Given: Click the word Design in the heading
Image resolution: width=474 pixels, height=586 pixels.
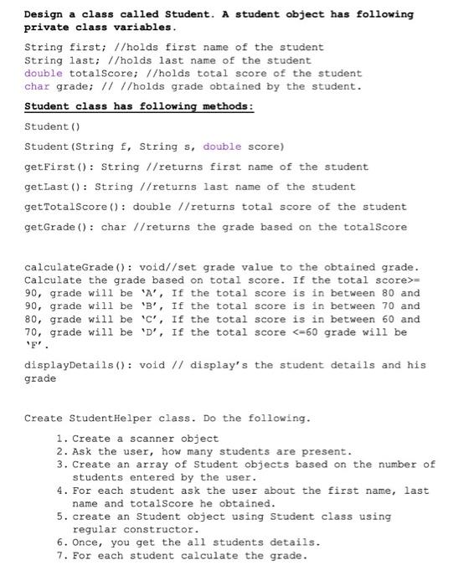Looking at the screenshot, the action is click(x=44, y=14).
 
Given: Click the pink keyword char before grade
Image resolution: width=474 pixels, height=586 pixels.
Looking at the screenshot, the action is click(x=38, y=86).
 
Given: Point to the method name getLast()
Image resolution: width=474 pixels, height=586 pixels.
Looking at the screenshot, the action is click(x=54, y=187).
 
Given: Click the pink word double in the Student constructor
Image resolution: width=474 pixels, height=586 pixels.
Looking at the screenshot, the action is click(x=222, y=146).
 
